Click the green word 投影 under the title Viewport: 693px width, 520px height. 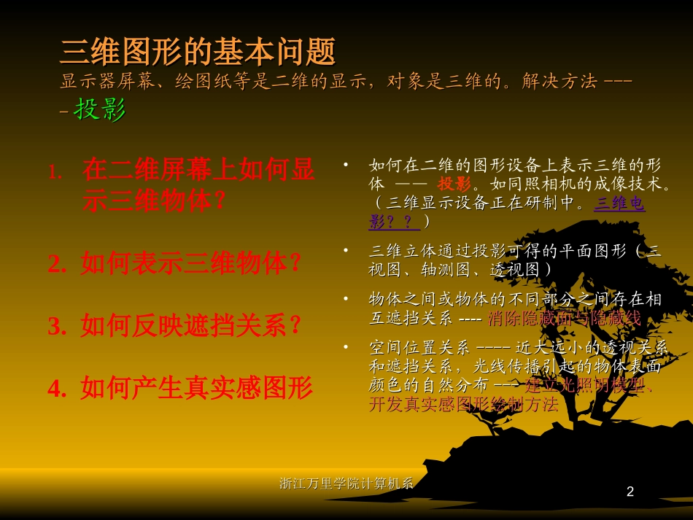pos(100,109)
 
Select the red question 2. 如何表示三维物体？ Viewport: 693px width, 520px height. pos(175,263)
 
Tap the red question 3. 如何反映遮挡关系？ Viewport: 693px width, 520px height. pos(175,325)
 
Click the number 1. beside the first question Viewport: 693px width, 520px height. pos(55,172)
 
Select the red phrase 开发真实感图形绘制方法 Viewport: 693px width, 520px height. pos(463,405)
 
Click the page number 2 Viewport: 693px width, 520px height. pos(630,493)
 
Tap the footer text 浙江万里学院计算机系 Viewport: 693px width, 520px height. pos(346,483)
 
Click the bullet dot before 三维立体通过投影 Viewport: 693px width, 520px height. pos(345,249)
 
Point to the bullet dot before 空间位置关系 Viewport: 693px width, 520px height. pos(345,345)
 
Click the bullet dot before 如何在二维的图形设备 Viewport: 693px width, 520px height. pos(345,164)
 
